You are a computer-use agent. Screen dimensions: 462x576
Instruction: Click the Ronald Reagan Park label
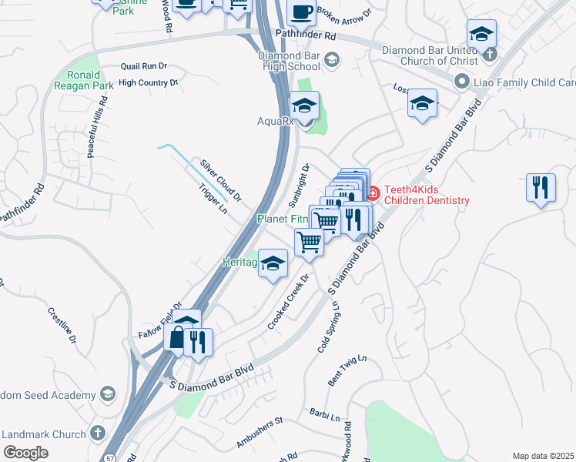tap(85, 80)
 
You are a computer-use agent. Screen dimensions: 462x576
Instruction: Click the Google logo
tap(26, 453)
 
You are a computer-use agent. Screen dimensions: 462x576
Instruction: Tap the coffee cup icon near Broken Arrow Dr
tap(301, 13)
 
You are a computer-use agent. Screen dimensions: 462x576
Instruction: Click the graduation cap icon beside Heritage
tap(273, 264)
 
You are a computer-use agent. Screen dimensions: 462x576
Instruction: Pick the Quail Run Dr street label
tap(144, 67)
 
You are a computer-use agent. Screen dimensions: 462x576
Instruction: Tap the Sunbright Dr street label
tap(299, 186)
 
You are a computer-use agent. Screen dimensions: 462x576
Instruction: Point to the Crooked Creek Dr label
tap(288, 301)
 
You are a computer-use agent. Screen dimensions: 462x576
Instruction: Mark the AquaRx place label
tap(273, 121)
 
